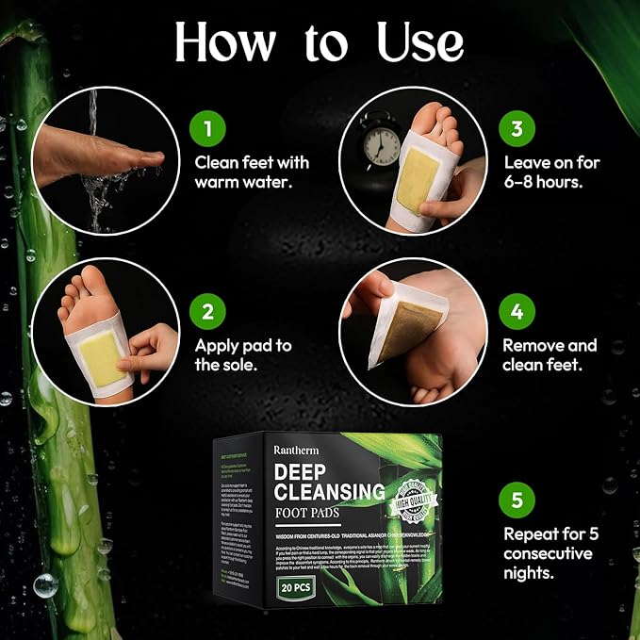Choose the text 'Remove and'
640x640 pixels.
tap(550, 346)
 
